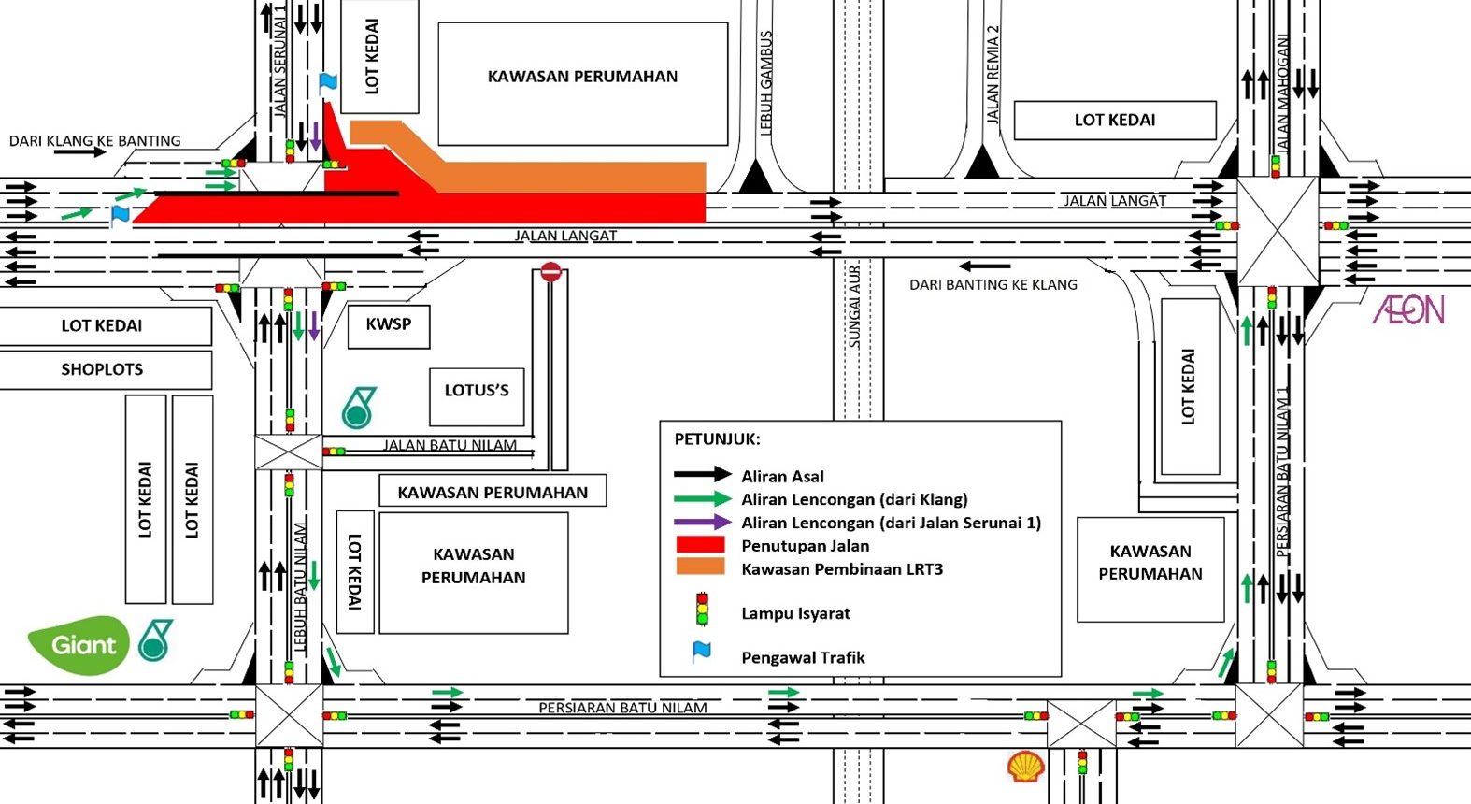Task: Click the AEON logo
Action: [1408, 309]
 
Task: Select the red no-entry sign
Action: [550, 272]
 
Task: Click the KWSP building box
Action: [389, 325]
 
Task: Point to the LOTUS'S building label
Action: [477, 391]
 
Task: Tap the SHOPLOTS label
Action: [102, 370]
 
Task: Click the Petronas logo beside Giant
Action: [155, 640]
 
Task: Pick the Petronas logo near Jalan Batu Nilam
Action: [358, 408]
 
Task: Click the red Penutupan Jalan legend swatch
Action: [700, 545]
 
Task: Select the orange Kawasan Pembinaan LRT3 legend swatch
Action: [700, 567]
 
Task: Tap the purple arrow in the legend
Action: [702, 523]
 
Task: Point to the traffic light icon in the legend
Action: [702, 609]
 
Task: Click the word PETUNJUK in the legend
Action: [717, 438]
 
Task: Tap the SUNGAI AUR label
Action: [854, 308]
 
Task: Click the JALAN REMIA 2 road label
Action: [993, 75]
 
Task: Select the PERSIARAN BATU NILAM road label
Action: [622, 708]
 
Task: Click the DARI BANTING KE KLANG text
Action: [993, 285]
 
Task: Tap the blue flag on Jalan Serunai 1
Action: [327, 82]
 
